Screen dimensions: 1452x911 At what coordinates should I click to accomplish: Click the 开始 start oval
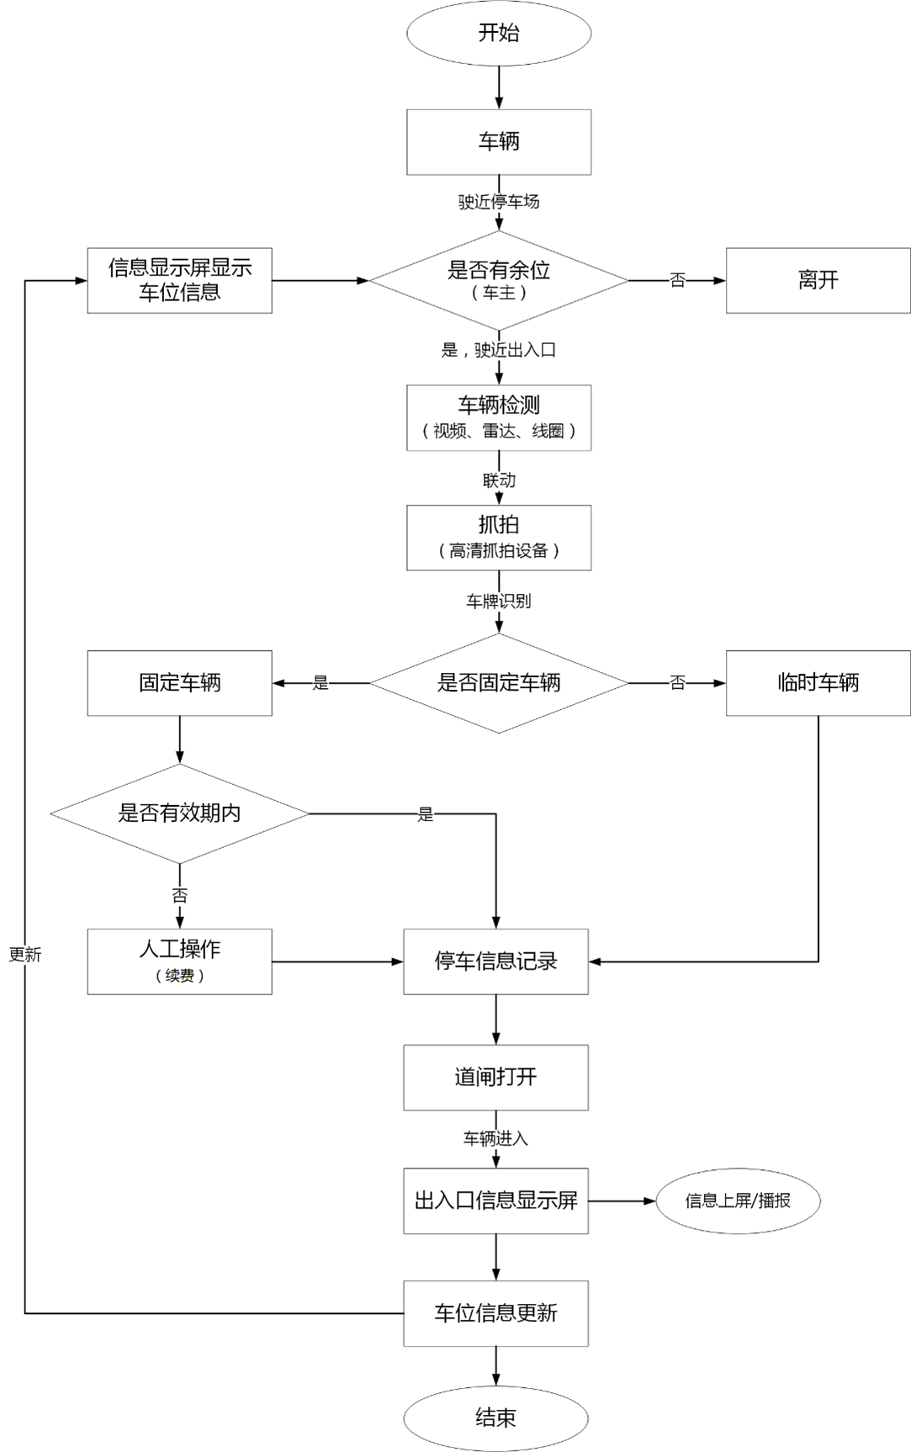click(x=499, y=34)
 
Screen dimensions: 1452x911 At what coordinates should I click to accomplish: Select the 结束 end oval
click(x=495, y=1418)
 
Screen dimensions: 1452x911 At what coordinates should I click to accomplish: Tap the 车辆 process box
click(x=499, y=141)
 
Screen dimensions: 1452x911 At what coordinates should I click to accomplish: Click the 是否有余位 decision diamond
click(x=499, y=280)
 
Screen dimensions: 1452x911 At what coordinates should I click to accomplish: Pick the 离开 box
click(x=818, y=280)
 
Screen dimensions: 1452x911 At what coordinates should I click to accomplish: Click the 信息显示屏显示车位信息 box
click(x=179, y=280)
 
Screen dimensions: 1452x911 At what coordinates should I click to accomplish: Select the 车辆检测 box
click(x=499, y=417)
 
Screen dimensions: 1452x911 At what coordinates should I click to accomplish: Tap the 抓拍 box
click(x=499, y=537)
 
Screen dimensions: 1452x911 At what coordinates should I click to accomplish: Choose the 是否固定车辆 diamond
click(x=499, y=682)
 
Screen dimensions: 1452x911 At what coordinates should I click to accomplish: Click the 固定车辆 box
click(x=179, y=682)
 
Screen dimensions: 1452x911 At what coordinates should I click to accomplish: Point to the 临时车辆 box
click(x=818, y=682)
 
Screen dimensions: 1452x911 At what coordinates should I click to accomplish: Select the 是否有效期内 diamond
click(x=179, y=813)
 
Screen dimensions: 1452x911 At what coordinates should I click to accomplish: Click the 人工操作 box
click(x=179, y=961)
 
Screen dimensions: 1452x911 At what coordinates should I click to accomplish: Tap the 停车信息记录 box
click(x=495, y=961)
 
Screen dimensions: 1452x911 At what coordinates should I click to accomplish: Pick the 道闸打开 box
click(x=495, y=1077)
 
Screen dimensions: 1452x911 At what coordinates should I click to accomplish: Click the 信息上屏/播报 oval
click(x=738, y=1200)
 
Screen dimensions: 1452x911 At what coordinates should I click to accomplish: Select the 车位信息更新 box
click(x=495, y=1312)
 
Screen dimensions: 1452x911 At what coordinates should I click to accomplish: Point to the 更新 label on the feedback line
click(x=25, y=955)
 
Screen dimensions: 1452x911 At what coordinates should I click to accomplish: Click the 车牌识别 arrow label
click(x=499, y=601)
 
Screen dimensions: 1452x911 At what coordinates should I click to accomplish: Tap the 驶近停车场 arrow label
click(x=499, y=202)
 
